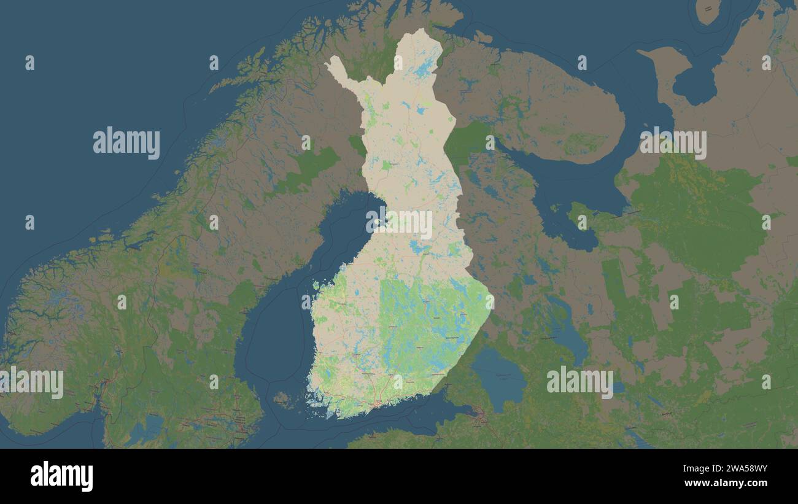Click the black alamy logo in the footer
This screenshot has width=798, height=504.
coord(61,476)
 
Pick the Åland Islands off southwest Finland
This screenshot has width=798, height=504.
coord(282,399)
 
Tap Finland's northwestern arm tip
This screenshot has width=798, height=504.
coord(331,62)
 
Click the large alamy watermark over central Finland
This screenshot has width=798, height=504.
coord(399,224)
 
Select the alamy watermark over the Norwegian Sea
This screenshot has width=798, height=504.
coord(126,143)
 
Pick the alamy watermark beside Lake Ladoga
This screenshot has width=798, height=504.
coord(579,381)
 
